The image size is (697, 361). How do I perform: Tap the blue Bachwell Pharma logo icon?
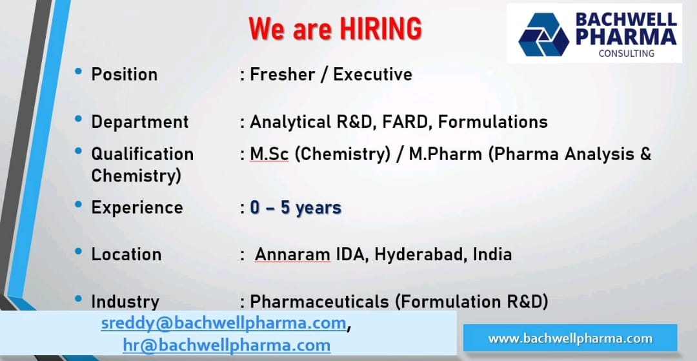[x=543, y=34]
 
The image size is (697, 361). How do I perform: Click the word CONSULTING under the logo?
[x=626, y=54]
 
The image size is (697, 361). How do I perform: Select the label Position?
[x=124, y=74]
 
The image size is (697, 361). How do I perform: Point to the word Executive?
[x=372, y=74]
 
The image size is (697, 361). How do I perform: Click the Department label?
[x=139, y=121]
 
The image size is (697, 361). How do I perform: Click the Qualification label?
[x=142, y=154]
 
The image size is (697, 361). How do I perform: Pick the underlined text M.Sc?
[x=268, y=154]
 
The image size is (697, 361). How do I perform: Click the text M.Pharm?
[x=446, y=154]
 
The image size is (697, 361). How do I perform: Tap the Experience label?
[x=137, y=207]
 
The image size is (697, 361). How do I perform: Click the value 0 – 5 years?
[x=296, y=207]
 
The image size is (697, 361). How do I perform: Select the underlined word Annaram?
[x=292, y=254]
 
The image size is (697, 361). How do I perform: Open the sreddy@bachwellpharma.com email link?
[x=223, y=323]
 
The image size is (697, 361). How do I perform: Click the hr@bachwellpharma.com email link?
[x=227, y=346]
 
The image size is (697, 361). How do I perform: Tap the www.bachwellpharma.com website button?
[x=570, y=338]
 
